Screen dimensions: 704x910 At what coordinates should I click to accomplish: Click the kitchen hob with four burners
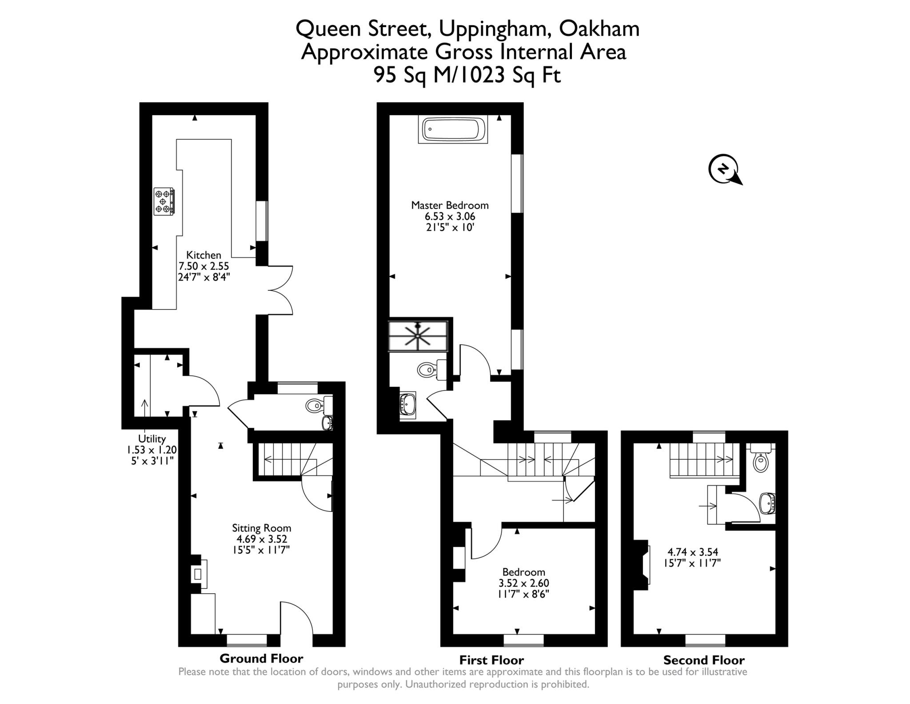164,201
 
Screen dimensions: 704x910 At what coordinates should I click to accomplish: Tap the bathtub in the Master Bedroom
452,129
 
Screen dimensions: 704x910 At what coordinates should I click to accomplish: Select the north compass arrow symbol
724,169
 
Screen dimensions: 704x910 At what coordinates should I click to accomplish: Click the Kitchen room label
204,255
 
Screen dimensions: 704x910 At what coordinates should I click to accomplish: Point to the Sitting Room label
261,528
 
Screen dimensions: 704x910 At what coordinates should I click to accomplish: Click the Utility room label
152,438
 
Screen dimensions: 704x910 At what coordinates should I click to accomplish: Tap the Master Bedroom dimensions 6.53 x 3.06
450,217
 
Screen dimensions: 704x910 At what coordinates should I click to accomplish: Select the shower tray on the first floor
418,335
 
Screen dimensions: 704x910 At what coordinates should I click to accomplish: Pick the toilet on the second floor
761,461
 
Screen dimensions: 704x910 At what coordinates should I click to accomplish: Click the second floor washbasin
767,503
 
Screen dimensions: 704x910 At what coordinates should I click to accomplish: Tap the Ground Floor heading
261,658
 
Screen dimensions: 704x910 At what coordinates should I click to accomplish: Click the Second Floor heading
704,660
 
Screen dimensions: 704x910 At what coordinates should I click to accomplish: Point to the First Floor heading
491,660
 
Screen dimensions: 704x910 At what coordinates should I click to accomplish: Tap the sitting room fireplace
198,574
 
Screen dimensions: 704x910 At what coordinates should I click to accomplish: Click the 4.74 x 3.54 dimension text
693,552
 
